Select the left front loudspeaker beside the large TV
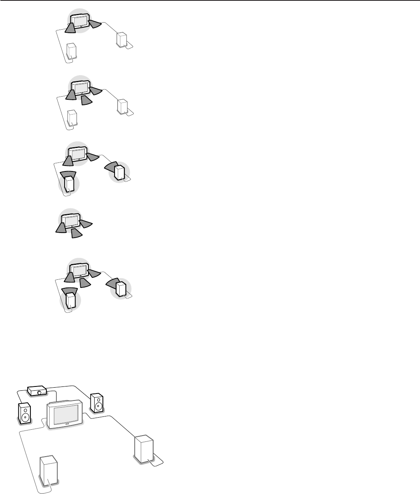[25, 413]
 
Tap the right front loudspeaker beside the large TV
[97, 403]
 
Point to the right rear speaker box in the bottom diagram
[144, 449]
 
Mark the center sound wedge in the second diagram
[86, 101]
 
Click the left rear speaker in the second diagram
[72, 118]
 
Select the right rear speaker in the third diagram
[119, 173]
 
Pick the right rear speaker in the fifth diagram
[121, 289]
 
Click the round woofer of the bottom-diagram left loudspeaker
[25, 417]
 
